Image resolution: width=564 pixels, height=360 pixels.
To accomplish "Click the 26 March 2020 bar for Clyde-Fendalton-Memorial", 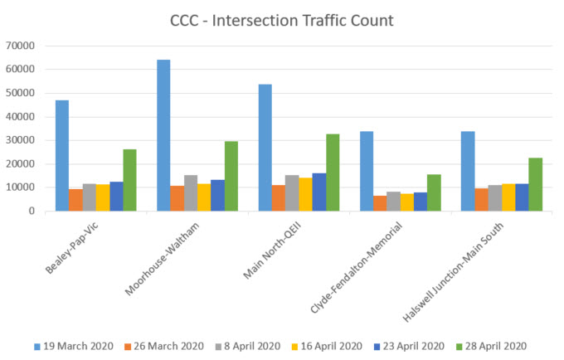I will [380, 203].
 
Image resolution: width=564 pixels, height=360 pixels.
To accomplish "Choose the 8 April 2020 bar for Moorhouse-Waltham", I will [191, 193].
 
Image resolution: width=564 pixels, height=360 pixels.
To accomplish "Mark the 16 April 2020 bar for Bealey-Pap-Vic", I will [103, 197].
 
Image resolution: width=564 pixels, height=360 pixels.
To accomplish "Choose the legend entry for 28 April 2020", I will [490, 346].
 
